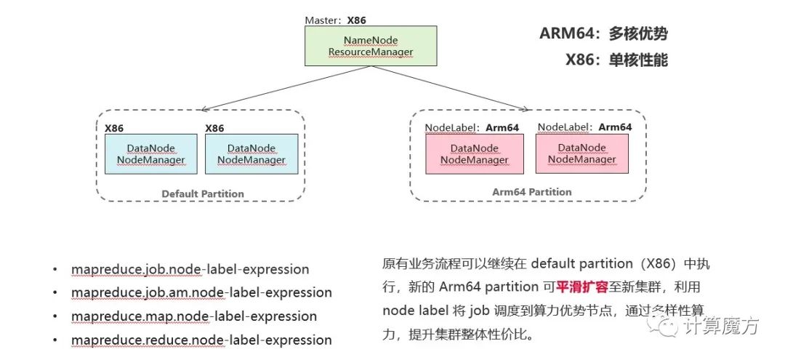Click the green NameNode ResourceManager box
pyautogui.click(x=370, y=46)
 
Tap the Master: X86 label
pyautogui.click(x=336, y=20)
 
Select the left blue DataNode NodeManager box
pyautogui.click(x=151, y=153)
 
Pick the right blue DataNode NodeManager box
pyautogui.click(x=251, y=153)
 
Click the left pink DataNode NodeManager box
pyautogui.click(x=474, y=153)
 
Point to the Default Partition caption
pyautogui.click(x=203, y=193)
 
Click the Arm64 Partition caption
pyautogui.click(x=532, y=192)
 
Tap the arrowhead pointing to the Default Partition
pyautogui.click(x=205, y=109)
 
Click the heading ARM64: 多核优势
pyautogui.click(x=603, y=33)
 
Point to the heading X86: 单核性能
pyautogui.click(x=616, y=60)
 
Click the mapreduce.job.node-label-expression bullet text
pyautogui.click(x=190, y=269)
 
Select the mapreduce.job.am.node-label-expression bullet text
pyautogui.click(x=201, y=292)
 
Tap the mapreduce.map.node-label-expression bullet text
pyautogui.click(x=194, y=316)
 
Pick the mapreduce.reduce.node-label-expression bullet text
pyautogui.click(x=201, y=340)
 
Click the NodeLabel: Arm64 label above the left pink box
pyautogui.click(x=472, y=127)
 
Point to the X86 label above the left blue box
pyautogui.click(x=114, y=128)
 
